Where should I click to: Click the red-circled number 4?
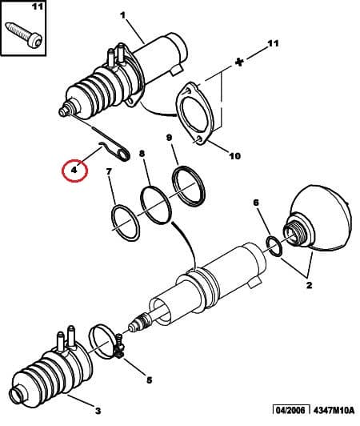pos(74,170)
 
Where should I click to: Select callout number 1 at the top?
pos(122,15)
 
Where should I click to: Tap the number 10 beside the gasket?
pos(234,156)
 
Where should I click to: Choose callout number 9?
pos(170,138)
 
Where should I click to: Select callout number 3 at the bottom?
pos(98,411)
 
